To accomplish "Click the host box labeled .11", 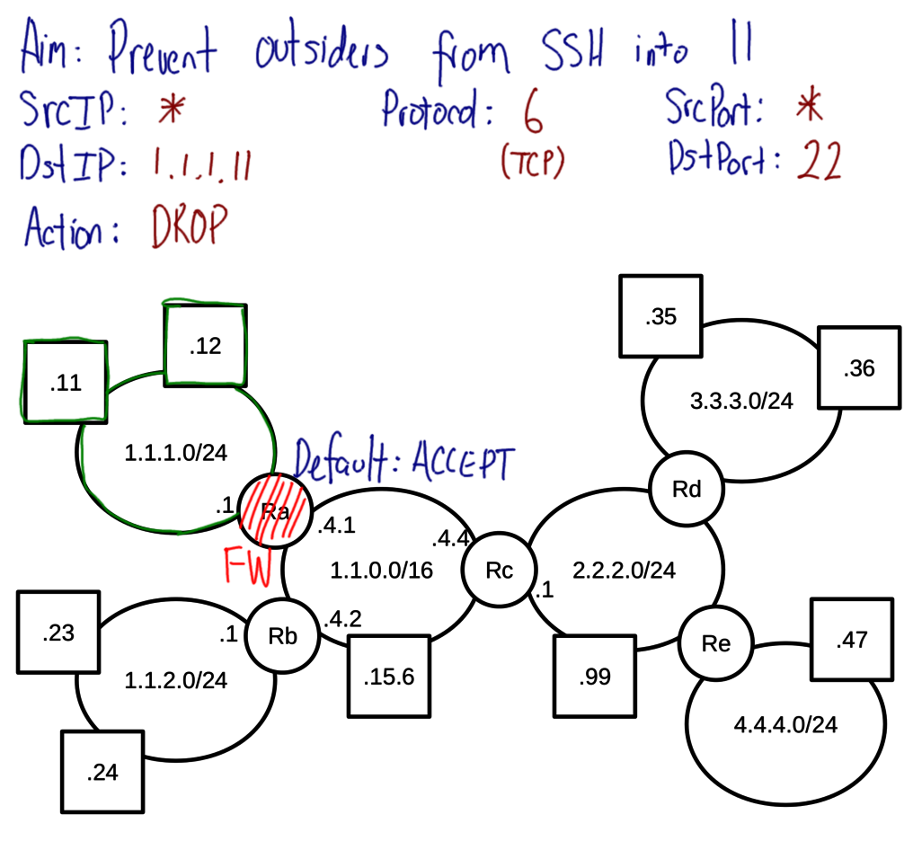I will [66, 382].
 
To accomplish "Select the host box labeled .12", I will [205, 346].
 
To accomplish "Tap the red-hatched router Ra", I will [274, 510].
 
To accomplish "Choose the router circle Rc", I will [499, 571].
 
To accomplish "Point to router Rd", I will [687, 490].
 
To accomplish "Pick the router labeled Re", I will [716, 643].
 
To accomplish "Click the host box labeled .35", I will [660, 316].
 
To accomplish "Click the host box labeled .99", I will [595, 677].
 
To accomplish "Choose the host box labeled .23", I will [58, 633].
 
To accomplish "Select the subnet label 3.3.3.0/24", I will [742, 401].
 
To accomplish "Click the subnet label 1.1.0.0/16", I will [370, 570].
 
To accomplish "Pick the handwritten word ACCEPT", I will [464, 464].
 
